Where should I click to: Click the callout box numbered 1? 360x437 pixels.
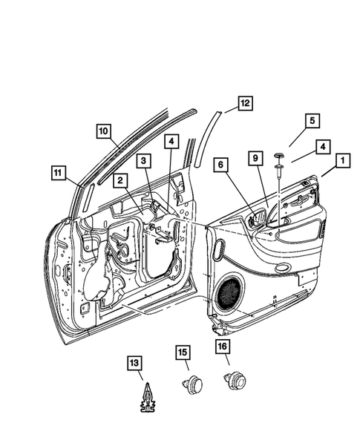[x=343, y=160]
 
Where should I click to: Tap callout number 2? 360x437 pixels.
[x=120, y=180]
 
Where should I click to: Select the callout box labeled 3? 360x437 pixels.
[x=143, y=161]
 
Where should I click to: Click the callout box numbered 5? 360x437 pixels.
[x=312, y=121]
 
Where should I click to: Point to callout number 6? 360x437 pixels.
[x=221, y=165]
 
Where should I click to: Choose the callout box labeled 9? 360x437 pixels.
[x=255, y=158]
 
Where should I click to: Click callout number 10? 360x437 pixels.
[x=104, y=131]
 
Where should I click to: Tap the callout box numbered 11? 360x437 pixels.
[x=59, y=173]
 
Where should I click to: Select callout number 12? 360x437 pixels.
[x=246, y=103]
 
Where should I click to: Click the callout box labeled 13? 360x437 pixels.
[x=134, y=363]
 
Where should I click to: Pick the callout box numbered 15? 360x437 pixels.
[x=183, y=352]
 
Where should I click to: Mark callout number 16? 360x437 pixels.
[x=223, y=346]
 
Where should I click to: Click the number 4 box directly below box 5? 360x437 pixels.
[x=323, y=147]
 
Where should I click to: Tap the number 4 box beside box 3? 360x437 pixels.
[x=171, y=142]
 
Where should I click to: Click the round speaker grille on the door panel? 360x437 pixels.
[x=229, y=295]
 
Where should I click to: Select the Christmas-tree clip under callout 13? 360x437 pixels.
[x=148, y=398]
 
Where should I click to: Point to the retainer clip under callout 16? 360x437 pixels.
[x=235, y=381]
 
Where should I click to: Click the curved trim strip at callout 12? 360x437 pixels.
[x=206, y=139]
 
